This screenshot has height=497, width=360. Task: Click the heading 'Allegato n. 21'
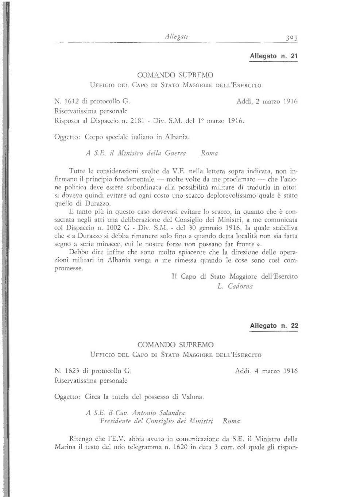pos(274,57)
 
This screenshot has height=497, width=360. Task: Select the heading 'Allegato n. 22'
pos(274,326)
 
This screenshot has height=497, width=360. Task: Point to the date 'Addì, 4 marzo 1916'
pos(267,371)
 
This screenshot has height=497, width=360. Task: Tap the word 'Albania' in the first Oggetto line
pos(177,138)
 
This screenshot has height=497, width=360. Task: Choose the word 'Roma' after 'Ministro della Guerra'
pos(209,154)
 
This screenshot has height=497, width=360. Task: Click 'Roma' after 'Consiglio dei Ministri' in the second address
pos(231,421)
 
